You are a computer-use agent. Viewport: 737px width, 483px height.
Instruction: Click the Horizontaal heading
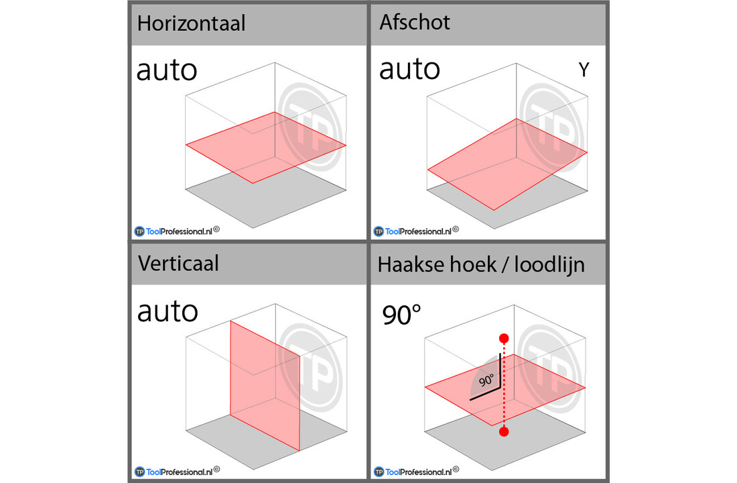tap(191, 23)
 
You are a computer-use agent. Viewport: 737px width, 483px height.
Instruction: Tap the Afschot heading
tap(415, 22)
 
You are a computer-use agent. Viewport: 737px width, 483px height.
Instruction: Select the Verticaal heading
tap(178, 263)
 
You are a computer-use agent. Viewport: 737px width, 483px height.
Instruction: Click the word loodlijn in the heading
tap(549, 264)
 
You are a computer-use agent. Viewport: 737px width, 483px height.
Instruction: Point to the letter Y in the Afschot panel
tap(584, 70)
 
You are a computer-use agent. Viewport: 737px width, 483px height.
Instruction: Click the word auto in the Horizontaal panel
tap(167, 70)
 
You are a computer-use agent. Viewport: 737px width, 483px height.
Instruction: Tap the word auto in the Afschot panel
tap(409, 69)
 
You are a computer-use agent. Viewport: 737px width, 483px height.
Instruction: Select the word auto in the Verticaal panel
tap(167, 312)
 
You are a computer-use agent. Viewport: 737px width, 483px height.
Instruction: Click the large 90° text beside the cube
tap(401, 315)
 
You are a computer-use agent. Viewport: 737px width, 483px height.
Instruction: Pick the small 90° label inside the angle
tap(486, 380)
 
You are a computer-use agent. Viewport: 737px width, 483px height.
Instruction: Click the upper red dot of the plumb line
tap(504, 339)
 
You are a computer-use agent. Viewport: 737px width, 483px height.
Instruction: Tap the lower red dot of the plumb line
tap(504, 432)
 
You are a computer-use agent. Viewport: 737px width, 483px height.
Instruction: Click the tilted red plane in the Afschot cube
tap(507, 164)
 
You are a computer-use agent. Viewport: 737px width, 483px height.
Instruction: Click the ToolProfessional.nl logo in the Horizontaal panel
tap(177, 231)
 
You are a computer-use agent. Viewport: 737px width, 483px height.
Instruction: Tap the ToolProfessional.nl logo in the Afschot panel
tap(416, 231)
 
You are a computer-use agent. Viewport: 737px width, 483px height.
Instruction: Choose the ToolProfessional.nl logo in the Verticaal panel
tap(177, 472)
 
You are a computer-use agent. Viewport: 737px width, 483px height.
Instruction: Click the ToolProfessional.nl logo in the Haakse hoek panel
tap(417, 472)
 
